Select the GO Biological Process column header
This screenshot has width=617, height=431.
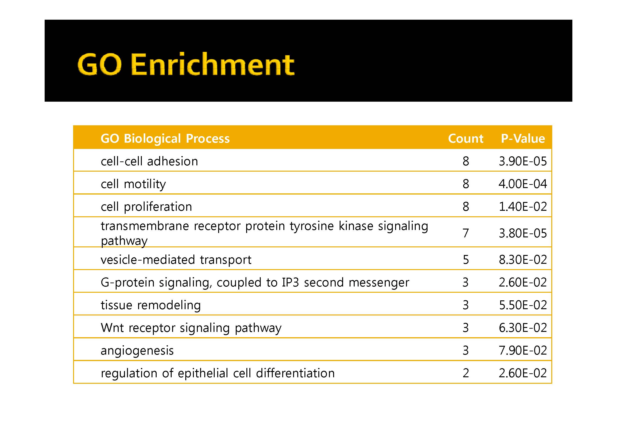(165, 139)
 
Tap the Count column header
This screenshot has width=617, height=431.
(466, 138)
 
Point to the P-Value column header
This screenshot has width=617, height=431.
(523, 138)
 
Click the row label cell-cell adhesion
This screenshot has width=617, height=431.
(149, 161)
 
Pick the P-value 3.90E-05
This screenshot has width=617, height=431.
(523, 161)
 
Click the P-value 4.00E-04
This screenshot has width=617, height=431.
(523, 184)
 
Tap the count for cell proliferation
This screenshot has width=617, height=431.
(466, 207)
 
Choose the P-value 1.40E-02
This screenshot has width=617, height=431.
(523, 207)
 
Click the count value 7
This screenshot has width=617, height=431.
(466, 233)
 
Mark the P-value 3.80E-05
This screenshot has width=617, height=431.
(523, 233)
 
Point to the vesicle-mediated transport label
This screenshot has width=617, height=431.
(176, 260)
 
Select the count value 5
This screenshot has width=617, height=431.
(466, 260)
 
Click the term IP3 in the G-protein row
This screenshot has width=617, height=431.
(290, 283)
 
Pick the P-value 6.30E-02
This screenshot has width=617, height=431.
(523, 328)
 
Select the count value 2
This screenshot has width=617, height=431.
(466, 373)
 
